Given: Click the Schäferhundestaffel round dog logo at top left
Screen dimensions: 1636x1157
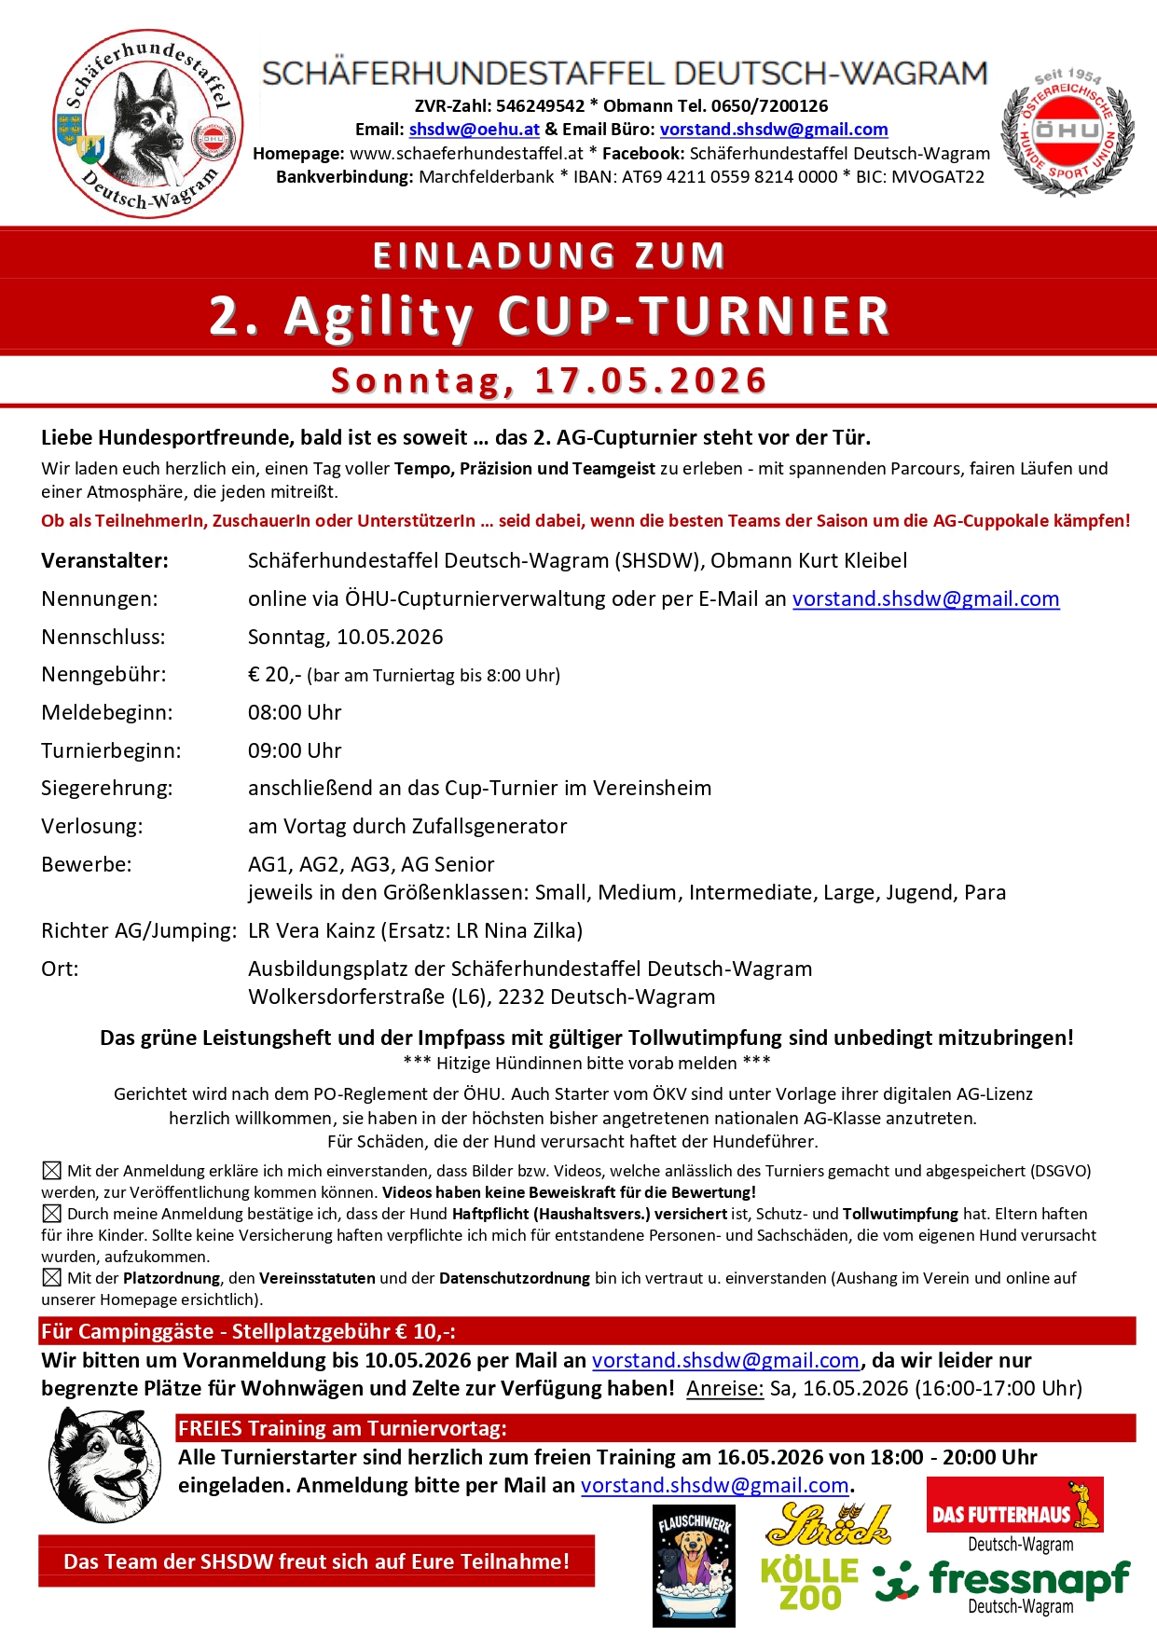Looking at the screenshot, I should [149, 124].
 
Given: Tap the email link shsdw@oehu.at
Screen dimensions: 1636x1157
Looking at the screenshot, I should [474, 130].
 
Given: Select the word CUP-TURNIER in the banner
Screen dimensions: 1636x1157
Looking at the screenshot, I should [694, 315].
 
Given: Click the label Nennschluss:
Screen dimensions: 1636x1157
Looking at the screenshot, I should [103, 637].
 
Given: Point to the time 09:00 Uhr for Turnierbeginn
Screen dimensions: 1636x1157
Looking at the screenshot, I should [295, 750].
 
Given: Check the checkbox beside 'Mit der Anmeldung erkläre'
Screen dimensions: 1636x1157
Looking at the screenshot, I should [52, 1171].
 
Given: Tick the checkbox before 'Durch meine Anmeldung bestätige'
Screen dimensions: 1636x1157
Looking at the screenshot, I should [52, 1214].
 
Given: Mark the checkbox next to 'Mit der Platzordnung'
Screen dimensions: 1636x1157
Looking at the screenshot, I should [52, 1278].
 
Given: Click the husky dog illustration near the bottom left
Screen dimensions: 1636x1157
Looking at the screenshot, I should [104, 1464].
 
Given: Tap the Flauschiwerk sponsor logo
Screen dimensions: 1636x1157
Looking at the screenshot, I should [694, 1565].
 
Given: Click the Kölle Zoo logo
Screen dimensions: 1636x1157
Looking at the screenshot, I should [809, 1583].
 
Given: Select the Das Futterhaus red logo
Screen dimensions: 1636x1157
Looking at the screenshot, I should [1014, 1505].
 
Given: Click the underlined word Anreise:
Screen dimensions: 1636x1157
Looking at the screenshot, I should [724, 1388].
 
